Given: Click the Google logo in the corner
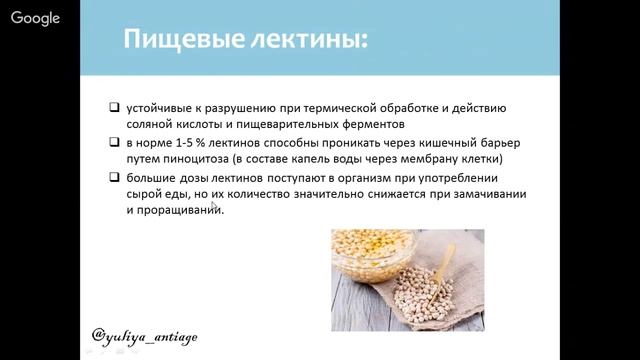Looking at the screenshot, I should (x=35, y=18).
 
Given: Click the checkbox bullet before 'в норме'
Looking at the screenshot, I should (x=116, y=143).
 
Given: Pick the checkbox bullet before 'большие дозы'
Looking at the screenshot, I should (x=116, y=178).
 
